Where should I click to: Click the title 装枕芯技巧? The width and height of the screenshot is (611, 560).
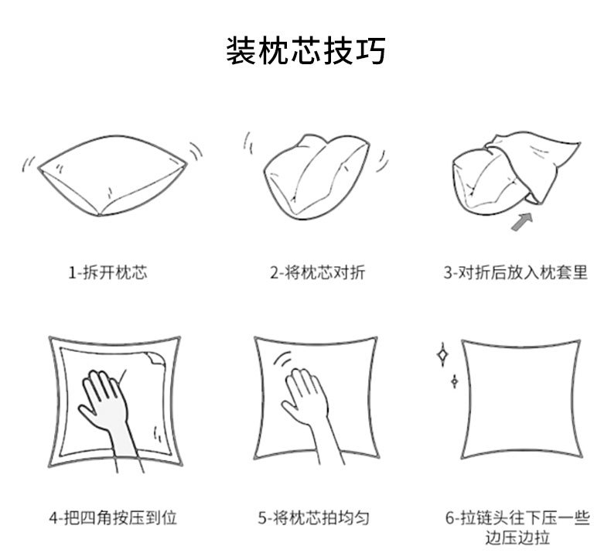305,51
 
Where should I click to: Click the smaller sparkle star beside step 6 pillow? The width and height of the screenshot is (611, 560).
454,381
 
